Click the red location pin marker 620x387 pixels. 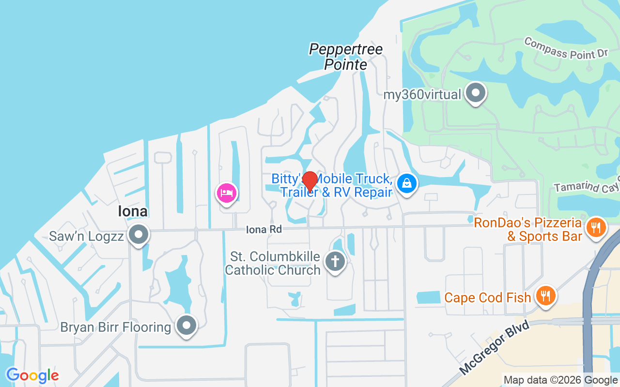(310, 181)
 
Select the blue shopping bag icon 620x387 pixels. (407, 183)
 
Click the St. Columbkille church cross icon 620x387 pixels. (335, 261)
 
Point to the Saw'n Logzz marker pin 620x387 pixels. (139, 235)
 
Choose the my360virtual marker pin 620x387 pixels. (475, 93)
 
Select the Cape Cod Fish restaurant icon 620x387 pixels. (545, 296)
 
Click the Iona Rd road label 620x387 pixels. (263, 229)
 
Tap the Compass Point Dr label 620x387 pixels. (566, 48)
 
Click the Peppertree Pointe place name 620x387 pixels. (346, 57)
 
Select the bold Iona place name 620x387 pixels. (133, 211)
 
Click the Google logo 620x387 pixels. (32, 375)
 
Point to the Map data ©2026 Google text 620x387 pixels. (560, 380)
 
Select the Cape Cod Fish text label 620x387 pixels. (488, 298)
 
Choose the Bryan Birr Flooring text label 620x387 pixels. (116, 327)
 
